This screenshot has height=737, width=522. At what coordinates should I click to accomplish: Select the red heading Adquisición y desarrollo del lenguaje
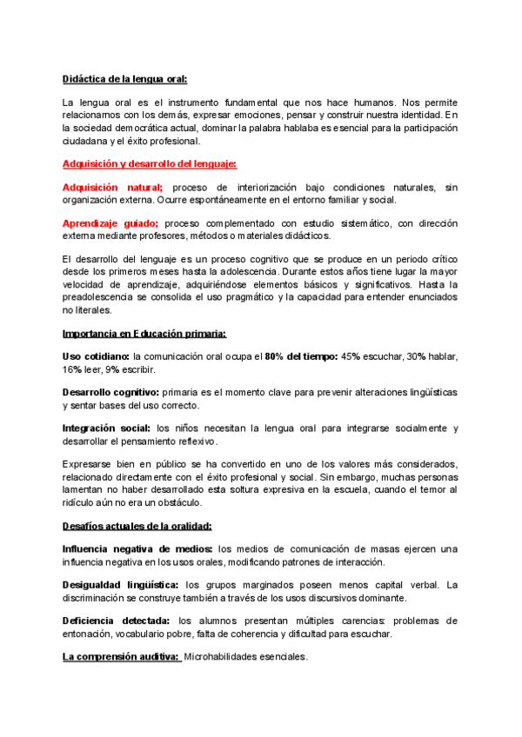(150, 163)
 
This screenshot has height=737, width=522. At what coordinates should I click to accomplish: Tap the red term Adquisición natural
(113, 187)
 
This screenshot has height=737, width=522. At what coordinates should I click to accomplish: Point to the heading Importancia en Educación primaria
(144, 333)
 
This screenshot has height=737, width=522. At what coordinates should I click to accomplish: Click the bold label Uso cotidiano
(96, 356)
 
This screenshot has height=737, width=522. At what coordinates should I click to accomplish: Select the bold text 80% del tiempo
(300, 356)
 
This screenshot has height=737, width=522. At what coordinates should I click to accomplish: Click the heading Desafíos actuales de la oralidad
(137, 526)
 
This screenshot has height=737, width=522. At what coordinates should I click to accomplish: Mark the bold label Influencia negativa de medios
(137, 549)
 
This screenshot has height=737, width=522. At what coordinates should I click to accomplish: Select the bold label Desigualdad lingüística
(121, 585)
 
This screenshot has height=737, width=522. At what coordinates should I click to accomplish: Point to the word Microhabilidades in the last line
(224, 657)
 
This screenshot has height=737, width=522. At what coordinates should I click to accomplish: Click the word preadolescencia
(104, 296)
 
